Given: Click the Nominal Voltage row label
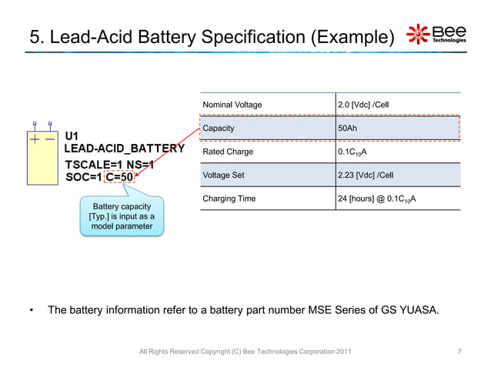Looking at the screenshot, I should (232, 105).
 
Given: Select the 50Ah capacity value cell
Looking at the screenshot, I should (348, 128).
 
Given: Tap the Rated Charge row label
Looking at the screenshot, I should (228, 152).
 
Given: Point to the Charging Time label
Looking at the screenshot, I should (229, 199).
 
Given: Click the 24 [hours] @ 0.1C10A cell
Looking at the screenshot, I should (377, 199).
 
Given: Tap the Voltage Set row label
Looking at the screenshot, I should (223, 176).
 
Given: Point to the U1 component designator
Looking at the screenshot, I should (72, 136).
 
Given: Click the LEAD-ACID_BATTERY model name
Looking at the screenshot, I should (123, 149).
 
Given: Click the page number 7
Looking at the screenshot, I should (459, 352).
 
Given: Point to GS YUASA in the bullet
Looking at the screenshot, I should (411, 310).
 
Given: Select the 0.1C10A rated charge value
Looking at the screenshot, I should (352, 152).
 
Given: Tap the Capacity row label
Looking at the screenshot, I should (219, 128).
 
